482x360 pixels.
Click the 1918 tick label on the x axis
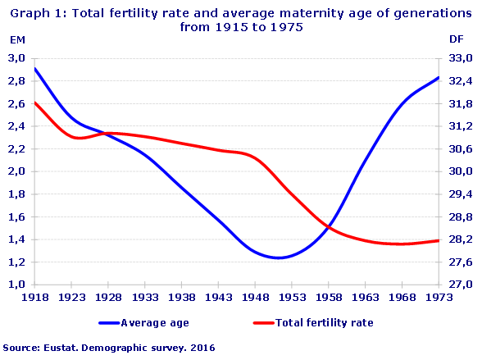pos(34,297)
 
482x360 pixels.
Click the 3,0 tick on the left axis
pos(17,58)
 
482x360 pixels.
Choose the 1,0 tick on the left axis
pos(17,285)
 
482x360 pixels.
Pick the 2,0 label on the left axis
pos(17,171)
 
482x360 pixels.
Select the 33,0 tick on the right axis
pos(462,58)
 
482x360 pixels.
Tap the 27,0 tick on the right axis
pos(462,285)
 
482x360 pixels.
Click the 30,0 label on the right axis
pos(462,171)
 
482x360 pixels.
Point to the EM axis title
pos(16,39)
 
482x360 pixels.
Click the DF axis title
pos(457,39)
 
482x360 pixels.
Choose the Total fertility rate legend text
pos(325,323)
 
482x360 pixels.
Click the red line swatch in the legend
pos(268,323)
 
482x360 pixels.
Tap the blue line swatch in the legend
pos(108,323)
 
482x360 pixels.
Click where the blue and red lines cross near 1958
pos(328,226)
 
